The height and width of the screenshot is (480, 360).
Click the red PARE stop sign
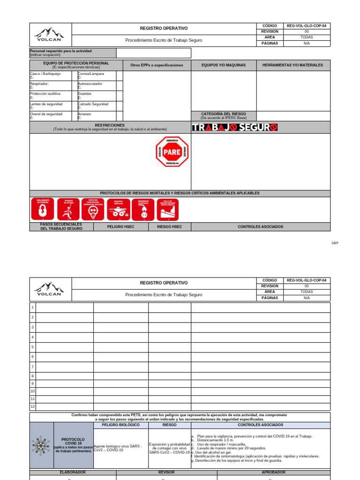pyautogui.click(x=172, y=152)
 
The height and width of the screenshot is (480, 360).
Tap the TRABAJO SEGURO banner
pyautogui.click(x=235, y=127)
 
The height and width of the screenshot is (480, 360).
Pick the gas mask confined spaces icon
pyautogui.click(x=93, y=209)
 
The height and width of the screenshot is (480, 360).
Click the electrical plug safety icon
pyautogui.click(x=143, y=209)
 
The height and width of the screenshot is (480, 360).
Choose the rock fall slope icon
pyautogui.click(x=168, y=209)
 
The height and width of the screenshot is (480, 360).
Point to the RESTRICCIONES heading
pyautogui.click(x=110, y=126)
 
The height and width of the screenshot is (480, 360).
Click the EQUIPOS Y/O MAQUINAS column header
pyautogui.click(x=224, y=65)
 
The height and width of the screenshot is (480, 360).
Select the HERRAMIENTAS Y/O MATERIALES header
pyautogui.click(x=292, y=65)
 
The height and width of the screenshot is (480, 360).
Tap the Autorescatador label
pyautogui.click(x=90, y=83)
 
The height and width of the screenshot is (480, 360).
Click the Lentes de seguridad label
pyautogui.click(x=46, y=104)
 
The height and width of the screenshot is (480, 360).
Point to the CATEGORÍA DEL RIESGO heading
pyautogui.click(x=224, y=114)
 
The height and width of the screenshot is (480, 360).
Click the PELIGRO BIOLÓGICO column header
pyautogui.click(x=120, y=425)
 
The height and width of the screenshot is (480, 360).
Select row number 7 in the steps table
pyautogui.click(x=33, y=367)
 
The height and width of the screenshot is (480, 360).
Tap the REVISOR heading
pyautogui.click(x=166, y=472)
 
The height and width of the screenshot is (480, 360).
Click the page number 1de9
pyautogui.click(x=334, y=243)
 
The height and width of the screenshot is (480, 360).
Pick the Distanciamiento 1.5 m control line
pyautogui.click(x=215, y=440)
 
